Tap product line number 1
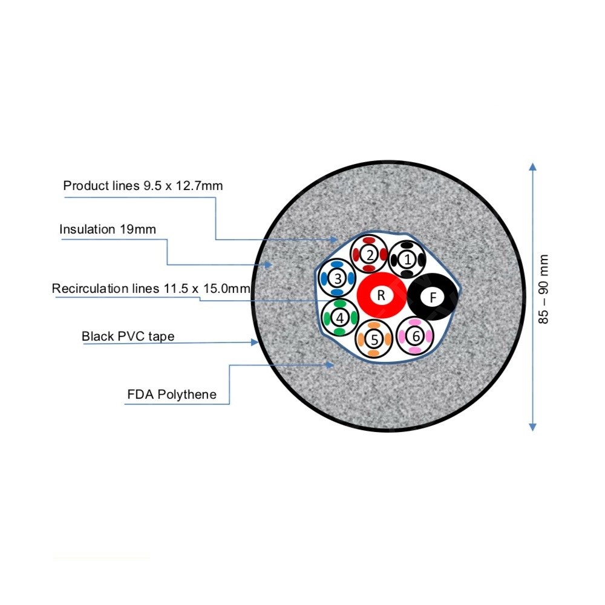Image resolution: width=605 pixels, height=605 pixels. pos(407,260)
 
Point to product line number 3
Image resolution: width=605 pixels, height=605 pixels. pos(338,278)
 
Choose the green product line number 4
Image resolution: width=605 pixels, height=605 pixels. pos(340,318)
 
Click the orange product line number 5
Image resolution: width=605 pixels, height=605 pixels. pos(373,339)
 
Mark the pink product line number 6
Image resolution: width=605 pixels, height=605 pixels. pos(415,336)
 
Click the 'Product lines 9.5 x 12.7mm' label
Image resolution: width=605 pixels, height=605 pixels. pos(143,186)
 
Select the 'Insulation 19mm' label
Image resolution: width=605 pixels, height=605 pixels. pos(108,229)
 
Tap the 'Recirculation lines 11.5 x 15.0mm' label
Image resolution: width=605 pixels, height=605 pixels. pos(151,288)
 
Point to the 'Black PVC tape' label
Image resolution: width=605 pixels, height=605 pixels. pos(128,336)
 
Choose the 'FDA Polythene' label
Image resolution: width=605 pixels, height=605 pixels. pos(172,394)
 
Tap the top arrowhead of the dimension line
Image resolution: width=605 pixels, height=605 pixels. pos(533,167)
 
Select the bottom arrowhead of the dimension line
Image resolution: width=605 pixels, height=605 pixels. pos(533,427)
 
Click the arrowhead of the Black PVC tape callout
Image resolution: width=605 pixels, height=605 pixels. pos(254,342)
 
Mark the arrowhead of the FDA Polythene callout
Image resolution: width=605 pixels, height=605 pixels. pos(330,365)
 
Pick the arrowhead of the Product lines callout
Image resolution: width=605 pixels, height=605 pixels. pos(334,240)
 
